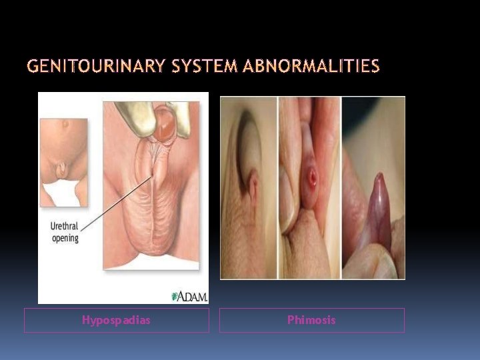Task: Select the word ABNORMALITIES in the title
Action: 311,67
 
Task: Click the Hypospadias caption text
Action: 116,320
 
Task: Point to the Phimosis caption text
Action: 311,320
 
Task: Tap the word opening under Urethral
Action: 65,238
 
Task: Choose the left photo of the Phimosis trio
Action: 248,187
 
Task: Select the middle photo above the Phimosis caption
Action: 309,187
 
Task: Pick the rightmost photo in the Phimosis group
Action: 373,187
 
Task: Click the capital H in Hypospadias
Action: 85,320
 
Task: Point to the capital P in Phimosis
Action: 290,320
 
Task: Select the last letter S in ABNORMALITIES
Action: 375,67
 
